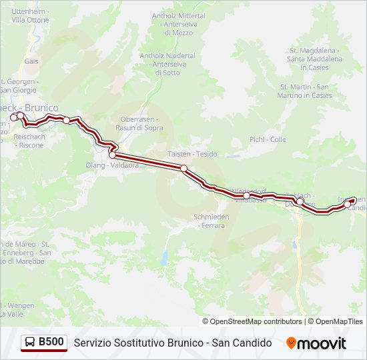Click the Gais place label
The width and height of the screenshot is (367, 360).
pos(31,61)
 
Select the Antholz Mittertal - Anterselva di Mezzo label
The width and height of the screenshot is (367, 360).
pos(178,23)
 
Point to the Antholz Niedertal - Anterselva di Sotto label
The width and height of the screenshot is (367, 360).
pos(168,64)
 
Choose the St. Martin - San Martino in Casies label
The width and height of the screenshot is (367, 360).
pos(304,91)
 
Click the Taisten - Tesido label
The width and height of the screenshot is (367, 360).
pos(193,154)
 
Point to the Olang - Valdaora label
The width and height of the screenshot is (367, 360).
pos(112,165)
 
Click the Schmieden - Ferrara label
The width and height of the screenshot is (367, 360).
pos(211,221)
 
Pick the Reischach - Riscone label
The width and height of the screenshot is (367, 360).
pos(29,140)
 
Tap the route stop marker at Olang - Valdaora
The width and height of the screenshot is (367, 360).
pos(112,155)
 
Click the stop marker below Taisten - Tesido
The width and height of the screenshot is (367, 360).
pos(184,168)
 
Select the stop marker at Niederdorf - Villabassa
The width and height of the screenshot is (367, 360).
pos(247,195)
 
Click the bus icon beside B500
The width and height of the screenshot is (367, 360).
pos(30,343)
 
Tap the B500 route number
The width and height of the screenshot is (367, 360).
pos(51,343)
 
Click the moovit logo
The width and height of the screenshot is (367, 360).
pos(316,343)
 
